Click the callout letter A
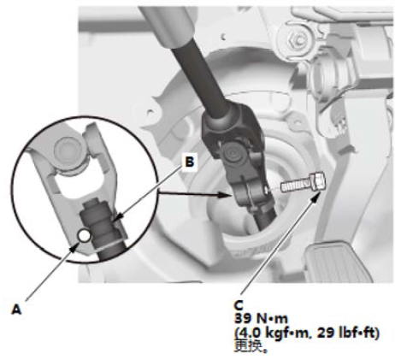coord(16,309)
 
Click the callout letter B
coord(190,162)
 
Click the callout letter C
coord(239,305)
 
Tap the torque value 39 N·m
coord(261,319)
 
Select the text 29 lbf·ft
coord(348,333)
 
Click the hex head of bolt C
coord(320,181)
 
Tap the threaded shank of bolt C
coord(298,185)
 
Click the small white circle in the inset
coord(85,235)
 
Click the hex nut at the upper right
coord(296,40)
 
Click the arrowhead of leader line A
coord(74,247)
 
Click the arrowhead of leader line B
coord(117,219)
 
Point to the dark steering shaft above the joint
coord(199,77)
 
